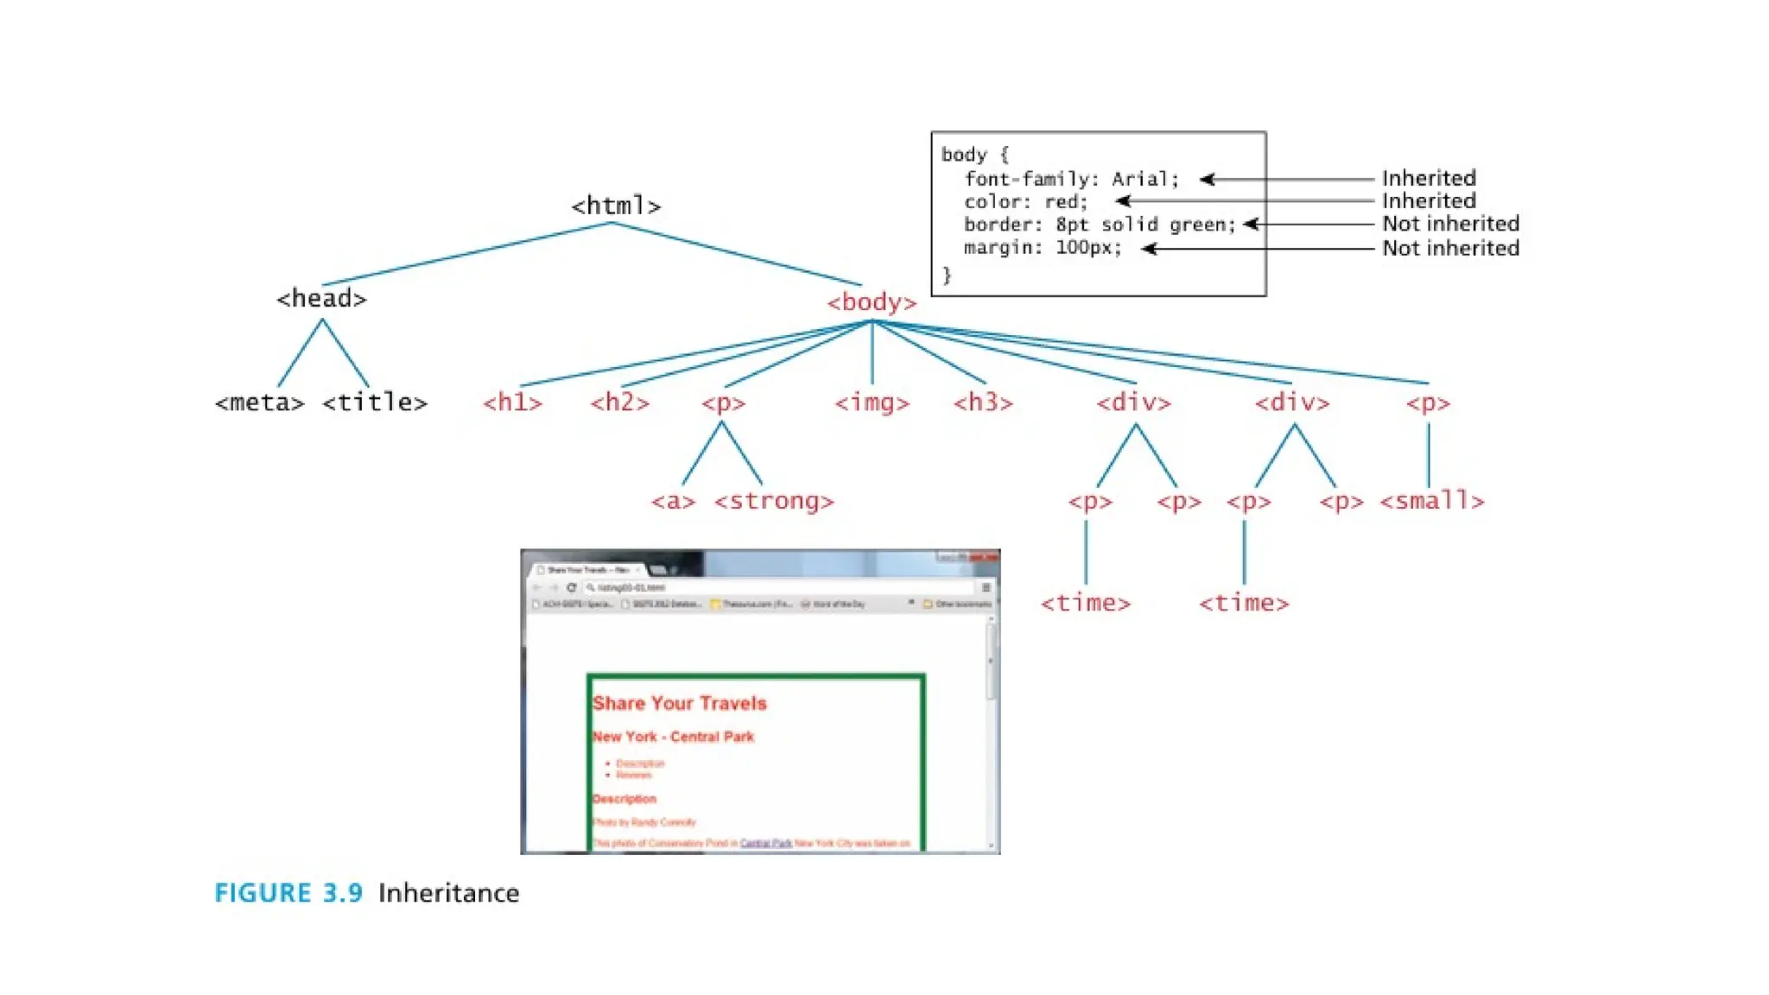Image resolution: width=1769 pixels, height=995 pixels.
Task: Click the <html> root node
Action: click(615, 206)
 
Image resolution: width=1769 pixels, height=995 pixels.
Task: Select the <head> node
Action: click(321, 299)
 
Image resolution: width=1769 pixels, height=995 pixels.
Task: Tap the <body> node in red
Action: click(871, 302)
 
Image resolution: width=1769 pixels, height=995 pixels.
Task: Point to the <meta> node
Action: click(259, 402)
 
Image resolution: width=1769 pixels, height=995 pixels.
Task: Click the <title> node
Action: click(375, 402)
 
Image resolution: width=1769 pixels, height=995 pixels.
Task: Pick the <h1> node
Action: click(512, 402)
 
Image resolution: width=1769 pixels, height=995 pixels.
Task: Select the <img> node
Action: click(872, 402)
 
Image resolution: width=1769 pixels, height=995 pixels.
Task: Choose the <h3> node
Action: click(983, 402)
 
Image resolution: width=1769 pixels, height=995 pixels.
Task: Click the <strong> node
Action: click(774, 501)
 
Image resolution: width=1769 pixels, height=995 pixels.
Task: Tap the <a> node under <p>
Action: click(673, 502)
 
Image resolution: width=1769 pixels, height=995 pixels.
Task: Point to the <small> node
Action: click(1431, 501)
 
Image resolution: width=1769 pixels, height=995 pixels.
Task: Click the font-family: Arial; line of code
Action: click(1071, 179)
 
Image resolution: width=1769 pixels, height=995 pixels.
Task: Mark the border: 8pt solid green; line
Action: click(1100, 225)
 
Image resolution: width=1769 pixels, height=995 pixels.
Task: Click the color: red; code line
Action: click(1025, 201)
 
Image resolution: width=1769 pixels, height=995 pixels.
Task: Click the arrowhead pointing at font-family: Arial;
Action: click(1207, 179)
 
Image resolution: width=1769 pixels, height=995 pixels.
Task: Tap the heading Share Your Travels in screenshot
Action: click(679, 703)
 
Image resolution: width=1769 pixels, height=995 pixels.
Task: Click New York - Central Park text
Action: click(673, 737)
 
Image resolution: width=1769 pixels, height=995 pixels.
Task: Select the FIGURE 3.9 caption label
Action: click(288, 893)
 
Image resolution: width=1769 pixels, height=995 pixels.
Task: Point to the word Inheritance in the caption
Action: click(448, 893)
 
